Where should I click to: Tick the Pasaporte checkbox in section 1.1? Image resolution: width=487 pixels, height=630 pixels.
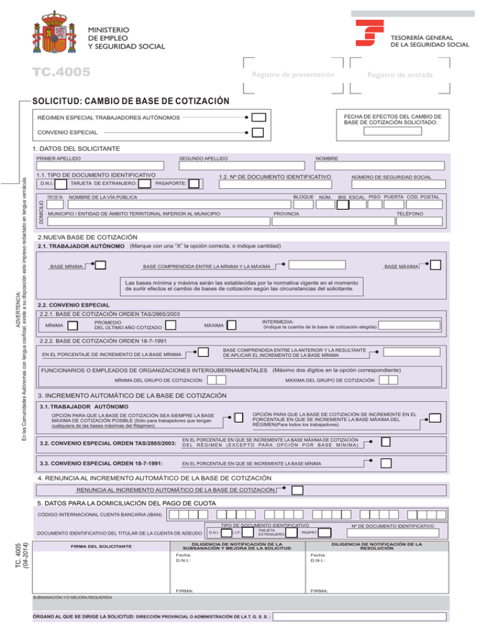(194, 184)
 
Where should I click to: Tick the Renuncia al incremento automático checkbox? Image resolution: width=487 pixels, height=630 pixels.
(297, 491)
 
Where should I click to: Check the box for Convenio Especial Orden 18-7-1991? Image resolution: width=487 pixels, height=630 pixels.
(386, 463)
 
